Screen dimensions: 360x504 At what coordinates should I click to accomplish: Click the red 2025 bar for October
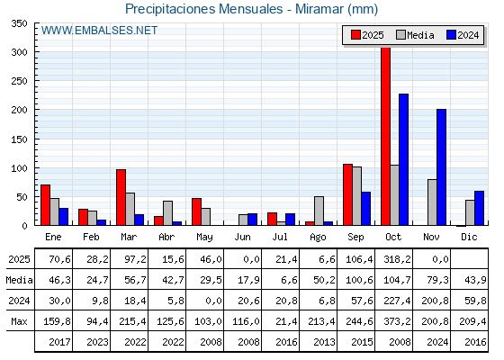(x=385, y=135)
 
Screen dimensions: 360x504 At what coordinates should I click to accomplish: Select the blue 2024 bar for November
(x=442, y=167)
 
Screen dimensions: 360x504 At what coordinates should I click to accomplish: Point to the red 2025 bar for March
(x=121, y=197)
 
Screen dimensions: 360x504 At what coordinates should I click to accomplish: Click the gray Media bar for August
(x=319, y=211)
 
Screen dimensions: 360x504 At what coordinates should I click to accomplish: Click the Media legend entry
(x=414, y=35)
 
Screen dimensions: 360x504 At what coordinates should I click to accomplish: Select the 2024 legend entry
(x=463, y=35)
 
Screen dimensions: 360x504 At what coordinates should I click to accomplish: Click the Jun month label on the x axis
(x=243, y=236)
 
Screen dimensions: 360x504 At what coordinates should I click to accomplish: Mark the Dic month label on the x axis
(x=470, y=236)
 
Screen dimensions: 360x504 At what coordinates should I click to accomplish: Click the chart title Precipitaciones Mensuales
(x=251, y=9)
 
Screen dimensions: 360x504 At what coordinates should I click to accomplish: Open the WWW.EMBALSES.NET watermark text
(x=99, y=31)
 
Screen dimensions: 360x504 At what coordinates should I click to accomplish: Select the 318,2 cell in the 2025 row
(x=394, y=259)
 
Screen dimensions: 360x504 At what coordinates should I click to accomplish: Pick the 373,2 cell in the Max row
(x=394, y=321)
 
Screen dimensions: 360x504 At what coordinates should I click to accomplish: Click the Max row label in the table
(x=18, y=321)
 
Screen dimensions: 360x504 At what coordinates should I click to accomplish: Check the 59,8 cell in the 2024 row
(x=470, y=301)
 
